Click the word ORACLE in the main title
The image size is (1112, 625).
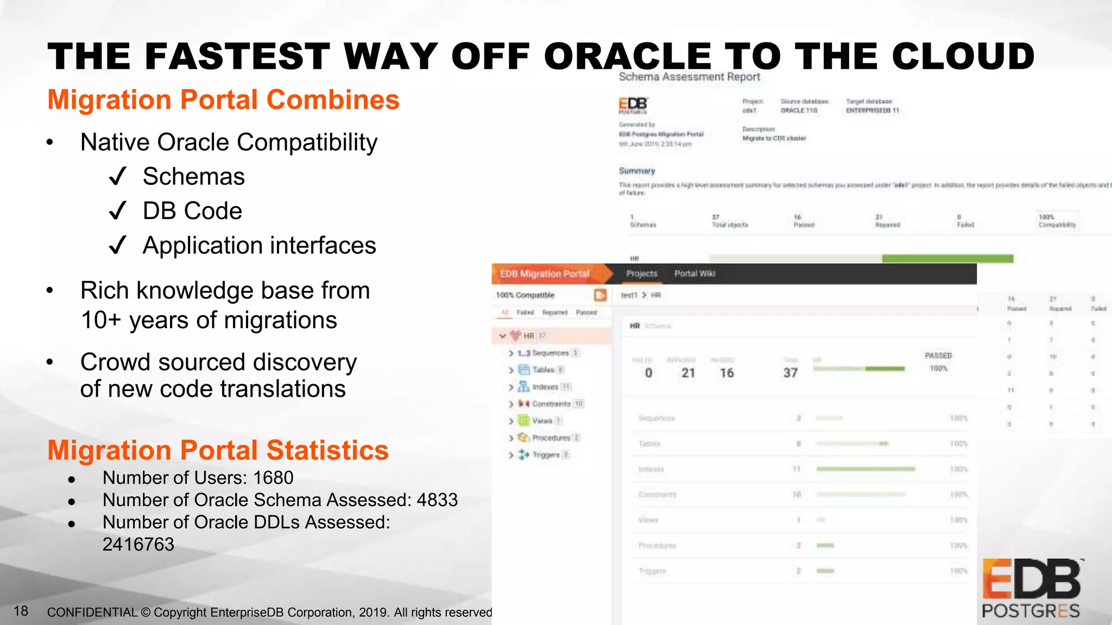click(628, 56)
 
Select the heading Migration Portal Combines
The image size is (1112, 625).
click(223, 100)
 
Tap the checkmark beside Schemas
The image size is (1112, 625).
click(117, 176)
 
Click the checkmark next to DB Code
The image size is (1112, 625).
click(117, 211)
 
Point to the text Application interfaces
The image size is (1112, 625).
click(259, 245)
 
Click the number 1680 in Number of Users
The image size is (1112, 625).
click(273, 477)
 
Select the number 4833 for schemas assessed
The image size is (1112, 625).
click(437, 500)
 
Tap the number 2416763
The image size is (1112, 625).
click(138, 544)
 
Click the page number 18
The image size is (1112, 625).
click(21, 611)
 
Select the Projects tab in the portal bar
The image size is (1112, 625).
click(641, 274)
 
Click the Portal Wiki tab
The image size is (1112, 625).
click(694, 274)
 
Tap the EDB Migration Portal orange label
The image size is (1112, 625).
click(545, 274)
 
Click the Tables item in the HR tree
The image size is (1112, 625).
click(543, 370)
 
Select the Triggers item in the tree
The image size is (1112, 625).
click(545, 455)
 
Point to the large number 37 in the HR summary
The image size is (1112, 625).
click(790, 373)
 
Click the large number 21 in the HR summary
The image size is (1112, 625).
click(688, 373)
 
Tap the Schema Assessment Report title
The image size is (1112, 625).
click(689, 77)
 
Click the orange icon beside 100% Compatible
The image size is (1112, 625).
click(600, 295)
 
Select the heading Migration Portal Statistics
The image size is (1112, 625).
click(218, 450)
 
